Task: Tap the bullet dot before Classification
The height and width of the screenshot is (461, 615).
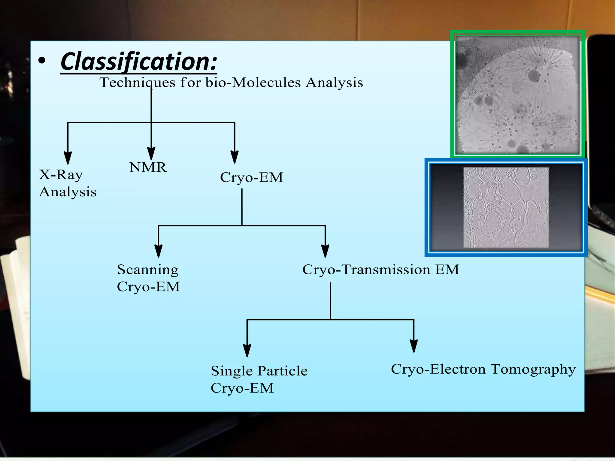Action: [42, 61]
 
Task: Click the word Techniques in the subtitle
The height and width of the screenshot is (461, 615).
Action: [138, 83]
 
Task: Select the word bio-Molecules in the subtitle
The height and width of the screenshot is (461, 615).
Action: [253, 83]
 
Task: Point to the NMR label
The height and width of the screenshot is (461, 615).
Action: [148, 167]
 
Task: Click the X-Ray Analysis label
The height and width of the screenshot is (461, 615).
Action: [67, 183]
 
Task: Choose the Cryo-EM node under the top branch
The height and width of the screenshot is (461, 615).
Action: [251, 177]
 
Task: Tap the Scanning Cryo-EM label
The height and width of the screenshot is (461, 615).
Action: [148, 278]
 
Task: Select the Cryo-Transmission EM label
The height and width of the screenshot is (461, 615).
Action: [380, 270]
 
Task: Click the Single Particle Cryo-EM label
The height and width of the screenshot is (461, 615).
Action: [259, 379]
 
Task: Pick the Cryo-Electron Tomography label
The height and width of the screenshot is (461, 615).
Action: [483, 369]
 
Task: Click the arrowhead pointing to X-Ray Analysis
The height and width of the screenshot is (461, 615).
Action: [68, 158]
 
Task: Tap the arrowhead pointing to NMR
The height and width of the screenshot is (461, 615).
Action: [151, 153]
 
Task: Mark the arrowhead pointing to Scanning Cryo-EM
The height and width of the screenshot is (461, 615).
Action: [159, 251]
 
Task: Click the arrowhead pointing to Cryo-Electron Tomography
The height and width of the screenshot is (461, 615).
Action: [414, 346]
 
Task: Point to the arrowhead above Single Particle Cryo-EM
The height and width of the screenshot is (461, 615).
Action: [247, 350]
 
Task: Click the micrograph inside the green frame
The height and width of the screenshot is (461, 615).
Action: [517, 95]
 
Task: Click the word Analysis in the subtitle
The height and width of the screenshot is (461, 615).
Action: [334, 83]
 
